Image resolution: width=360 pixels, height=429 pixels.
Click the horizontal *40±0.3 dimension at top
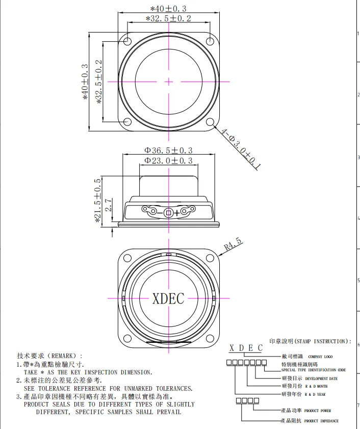click(168, 9)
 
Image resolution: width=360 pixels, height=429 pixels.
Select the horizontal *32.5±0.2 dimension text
click(168, 19)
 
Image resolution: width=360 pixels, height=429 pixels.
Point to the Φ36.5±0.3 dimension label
click(168, 150)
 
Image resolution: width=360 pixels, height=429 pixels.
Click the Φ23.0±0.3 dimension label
click(168, 161)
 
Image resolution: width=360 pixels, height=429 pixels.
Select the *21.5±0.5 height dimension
click(97, 200)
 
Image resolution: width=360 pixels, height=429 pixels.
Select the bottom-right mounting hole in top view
click(210, 122)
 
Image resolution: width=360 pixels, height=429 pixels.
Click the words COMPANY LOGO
click(320, 357)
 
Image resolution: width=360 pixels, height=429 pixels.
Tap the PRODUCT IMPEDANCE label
click(321, 421)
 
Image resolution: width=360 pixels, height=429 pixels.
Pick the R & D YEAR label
click(317, 394)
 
